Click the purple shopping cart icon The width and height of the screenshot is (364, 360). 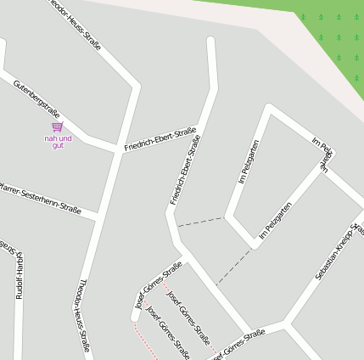tap(58, 127)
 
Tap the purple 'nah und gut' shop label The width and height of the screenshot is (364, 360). tap(58, 141)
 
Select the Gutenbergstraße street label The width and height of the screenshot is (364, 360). tap(36, 100)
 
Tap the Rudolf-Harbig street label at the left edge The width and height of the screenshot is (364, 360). tap(19, 272)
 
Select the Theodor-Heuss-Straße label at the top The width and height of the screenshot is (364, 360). tap(76, 24)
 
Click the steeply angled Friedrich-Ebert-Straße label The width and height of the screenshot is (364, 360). tap(184, 169)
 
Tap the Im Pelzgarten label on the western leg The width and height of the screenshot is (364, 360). tap(249, 161)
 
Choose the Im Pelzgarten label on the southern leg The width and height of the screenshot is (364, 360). tap(276, 219)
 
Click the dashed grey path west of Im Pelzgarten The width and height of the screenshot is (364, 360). tap(199, 222)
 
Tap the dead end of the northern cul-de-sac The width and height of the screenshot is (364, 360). tap(210, 41)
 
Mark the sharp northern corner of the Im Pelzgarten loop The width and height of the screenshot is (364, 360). tap(270, 109)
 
